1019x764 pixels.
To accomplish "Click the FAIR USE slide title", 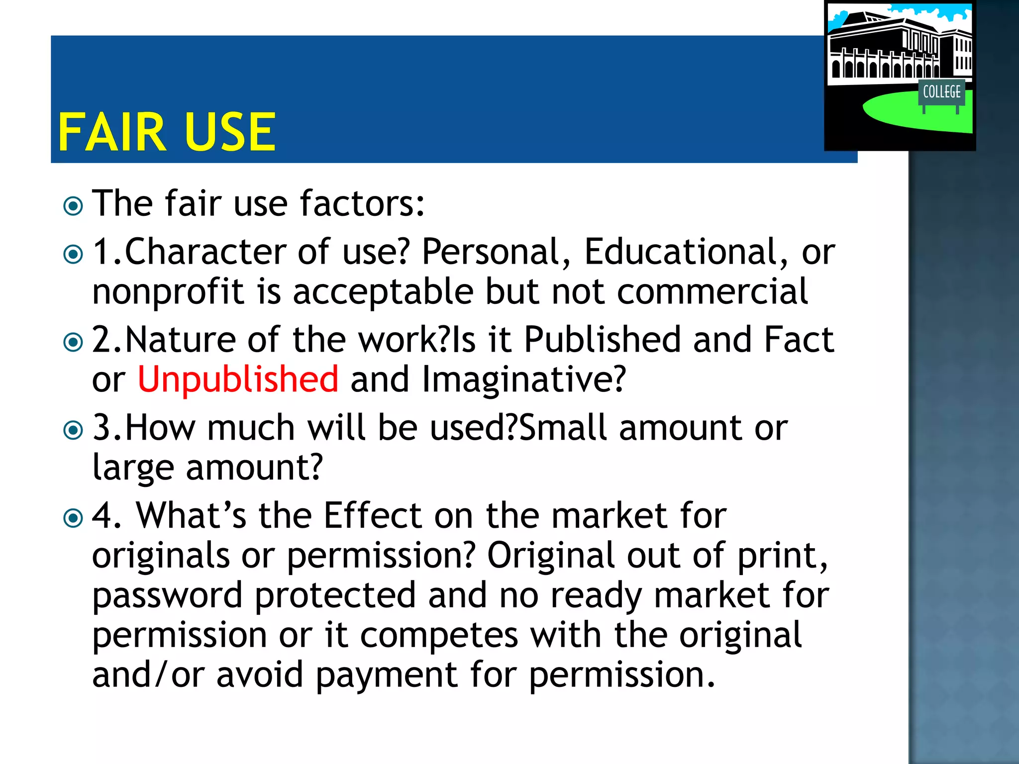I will (167, 132).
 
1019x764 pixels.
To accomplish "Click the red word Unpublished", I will (238, 380).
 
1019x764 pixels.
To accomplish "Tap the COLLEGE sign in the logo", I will (941, 92).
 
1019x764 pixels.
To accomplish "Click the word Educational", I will (680, 252).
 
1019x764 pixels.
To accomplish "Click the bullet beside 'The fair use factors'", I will (74, 206).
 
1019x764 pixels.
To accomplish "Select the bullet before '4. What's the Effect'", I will (74, 518).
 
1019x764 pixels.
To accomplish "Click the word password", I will (167, 596).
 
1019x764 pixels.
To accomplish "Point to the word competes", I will (439, 635).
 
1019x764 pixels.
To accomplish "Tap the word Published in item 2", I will (603, 340).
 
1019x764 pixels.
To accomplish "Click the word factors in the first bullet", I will (362, 204).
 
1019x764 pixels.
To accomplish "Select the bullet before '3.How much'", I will (74, 430).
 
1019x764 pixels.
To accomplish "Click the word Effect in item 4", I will (373, 516).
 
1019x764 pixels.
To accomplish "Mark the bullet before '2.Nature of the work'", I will (74, 342).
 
